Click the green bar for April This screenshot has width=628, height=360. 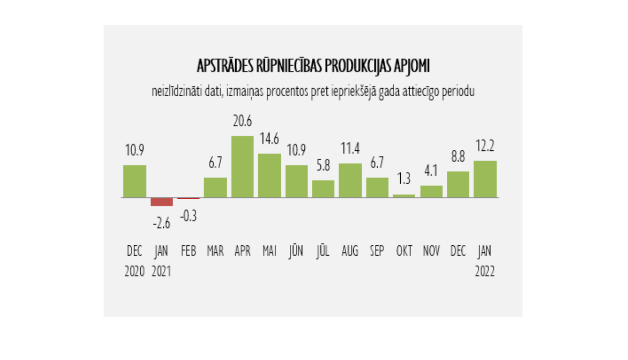click(x=242, y=167)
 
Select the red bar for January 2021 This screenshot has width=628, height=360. click(x=162, y=202)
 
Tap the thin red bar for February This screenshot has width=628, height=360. click(x=188, y=198)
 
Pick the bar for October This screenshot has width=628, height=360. click(x=404, y=195)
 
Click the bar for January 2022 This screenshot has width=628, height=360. click(x=485, y=179)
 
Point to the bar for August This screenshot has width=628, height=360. click(x=350, y=180)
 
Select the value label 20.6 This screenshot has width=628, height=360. click(x=242, y=121)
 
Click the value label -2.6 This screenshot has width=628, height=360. click(x=162, y=224)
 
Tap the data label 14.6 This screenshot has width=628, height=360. click(x=269, y=139)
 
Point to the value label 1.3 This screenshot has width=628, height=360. click(x=404, y=179)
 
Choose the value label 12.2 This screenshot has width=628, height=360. click(x=485, y=146)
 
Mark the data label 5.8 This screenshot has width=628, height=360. click(x=323, y=166)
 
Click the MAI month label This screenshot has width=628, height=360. click(x=269, y=251)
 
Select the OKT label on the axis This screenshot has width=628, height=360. click(x=404, y=251)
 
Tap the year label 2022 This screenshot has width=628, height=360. click(x=485, y=272)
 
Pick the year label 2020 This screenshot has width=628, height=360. click(x=134, y=272)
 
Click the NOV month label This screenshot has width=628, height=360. click(x=431, y=251)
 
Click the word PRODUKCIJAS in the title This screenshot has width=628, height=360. click(x=358, y=66)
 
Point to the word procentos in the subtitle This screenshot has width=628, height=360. click(x=287, y=91)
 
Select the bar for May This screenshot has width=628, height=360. click(x=269, y=175)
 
